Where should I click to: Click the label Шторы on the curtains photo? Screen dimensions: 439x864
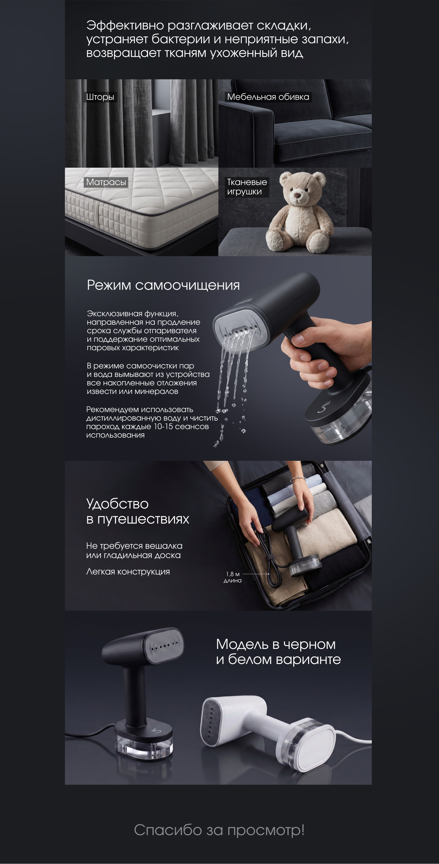pos(100,97)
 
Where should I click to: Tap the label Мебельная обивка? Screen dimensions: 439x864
pos(268,97)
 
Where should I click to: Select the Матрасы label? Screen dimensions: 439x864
pos(106,182)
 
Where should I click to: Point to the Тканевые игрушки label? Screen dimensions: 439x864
pos(247,187)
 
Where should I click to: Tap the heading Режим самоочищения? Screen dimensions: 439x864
pos(163,285)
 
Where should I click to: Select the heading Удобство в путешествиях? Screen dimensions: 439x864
pos(138,511)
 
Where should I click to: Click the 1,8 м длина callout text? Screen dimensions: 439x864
pos(233,577)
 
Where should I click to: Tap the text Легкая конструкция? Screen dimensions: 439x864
pos(128,572)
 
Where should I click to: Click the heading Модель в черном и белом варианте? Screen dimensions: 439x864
pos(278,651)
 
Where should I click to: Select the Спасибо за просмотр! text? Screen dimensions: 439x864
pos(219,830)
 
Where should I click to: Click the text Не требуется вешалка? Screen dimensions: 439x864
pos(134,546)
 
